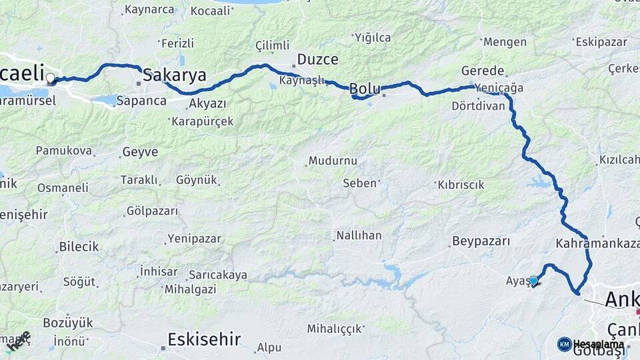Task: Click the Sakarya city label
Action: click(x=175, y=74)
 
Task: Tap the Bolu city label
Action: click(x=365, y=88)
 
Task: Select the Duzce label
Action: click(x=318, y=59)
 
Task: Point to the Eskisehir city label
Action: click(x=204, y=339)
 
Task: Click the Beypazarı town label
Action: click(x=481, y=241)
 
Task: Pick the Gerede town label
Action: click(x=483, y=71)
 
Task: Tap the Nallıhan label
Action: click(x=359, y=235)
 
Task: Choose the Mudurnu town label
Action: click(x=333, y=161)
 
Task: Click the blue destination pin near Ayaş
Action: click(x=533, y=281)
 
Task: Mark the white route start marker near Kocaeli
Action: click(x=51, y=78)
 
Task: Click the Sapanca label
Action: click(x=141, y=101)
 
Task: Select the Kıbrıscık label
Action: click(x=461, y=185)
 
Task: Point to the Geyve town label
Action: click(x=140, y=152)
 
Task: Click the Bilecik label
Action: click(x=79, y=246)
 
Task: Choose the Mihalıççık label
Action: click(x=335, y=328)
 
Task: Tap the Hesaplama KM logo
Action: click(x=591, y=344)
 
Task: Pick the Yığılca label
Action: click(x=373, y=37)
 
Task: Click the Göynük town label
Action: click(x=197, y=180)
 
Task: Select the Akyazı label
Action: click(x=207, y=103)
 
